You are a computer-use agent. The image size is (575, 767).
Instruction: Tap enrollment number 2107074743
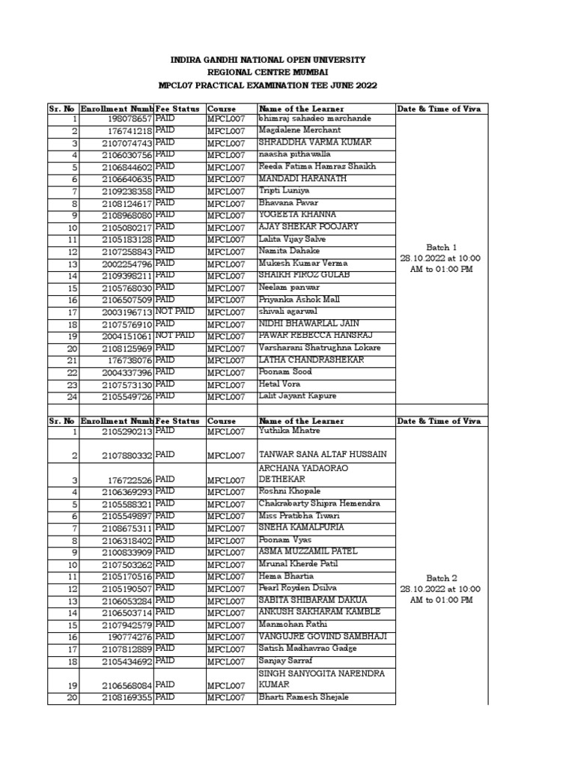tap(127, 143)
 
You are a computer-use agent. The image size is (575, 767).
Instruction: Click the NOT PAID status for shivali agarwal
tap(174, 311)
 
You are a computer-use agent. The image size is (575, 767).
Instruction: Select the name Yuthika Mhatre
tap(289, 431)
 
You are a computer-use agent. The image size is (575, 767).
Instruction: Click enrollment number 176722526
tap(130, 480)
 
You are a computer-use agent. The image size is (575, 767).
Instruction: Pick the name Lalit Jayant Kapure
tap(297, 395)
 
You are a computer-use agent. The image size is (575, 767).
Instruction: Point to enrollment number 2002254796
tap(127, 264)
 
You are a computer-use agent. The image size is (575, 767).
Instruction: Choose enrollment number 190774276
tap(130, 637)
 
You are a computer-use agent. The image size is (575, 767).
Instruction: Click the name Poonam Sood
tap(285, 372)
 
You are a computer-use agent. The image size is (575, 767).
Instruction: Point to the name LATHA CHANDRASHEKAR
tap(311, 360)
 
